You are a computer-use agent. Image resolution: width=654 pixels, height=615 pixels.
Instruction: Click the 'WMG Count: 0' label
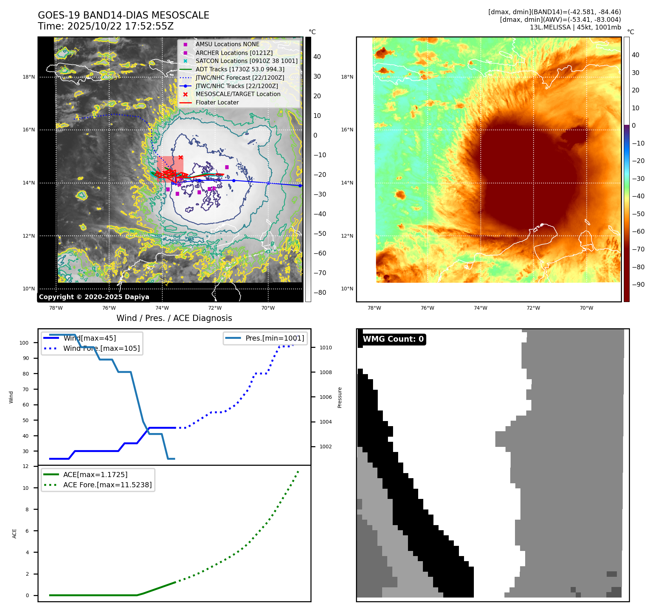coord(393,339)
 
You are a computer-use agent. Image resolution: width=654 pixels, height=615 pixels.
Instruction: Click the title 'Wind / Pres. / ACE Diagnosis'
coord(174,318)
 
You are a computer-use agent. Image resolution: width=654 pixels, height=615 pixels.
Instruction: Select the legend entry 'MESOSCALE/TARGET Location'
coord(238,94)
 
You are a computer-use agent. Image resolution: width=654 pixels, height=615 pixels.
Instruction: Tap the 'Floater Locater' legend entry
coord(217,103)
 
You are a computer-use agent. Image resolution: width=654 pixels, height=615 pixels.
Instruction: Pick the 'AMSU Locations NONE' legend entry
coord(227,44)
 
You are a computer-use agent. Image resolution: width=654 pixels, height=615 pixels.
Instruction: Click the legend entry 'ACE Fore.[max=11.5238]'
coord(107,485)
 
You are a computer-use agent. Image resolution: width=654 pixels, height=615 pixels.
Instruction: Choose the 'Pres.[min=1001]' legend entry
coord(274,338)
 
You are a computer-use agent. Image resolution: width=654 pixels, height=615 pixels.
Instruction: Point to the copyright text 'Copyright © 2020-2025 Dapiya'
coord(94,297)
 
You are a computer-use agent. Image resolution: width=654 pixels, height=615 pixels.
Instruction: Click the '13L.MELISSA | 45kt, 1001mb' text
coord(575,27)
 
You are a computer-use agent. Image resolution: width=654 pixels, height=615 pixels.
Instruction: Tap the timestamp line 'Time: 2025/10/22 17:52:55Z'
coord(106,27)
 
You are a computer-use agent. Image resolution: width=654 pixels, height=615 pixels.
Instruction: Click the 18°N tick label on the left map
coord(29,77)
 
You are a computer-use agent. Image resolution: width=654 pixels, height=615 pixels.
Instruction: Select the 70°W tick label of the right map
coord(586,308)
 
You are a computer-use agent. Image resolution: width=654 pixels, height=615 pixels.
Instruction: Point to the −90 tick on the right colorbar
coord(638,285)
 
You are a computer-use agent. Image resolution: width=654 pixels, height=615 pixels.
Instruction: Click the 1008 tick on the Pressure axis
coord(326,372)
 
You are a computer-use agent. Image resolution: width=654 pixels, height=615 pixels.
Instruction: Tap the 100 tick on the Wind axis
coord(24,343)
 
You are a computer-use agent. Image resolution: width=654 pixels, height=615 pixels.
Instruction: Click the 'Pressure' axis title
coord(340,397)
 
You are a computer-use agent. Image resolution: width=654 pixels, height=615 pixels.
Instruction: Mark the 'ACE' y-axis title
coord(15,533)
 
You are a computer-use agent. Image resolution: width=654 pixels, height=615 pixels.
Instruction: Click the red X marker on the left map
coord(181,158)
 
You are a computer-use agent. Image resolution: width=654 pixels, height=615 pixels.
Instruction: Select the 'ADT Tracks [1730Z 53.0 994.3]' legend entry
coord(240,69)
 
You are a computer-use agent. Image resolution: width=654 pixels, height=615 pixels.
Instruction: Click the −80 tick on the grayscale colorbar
coord(320,293)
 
